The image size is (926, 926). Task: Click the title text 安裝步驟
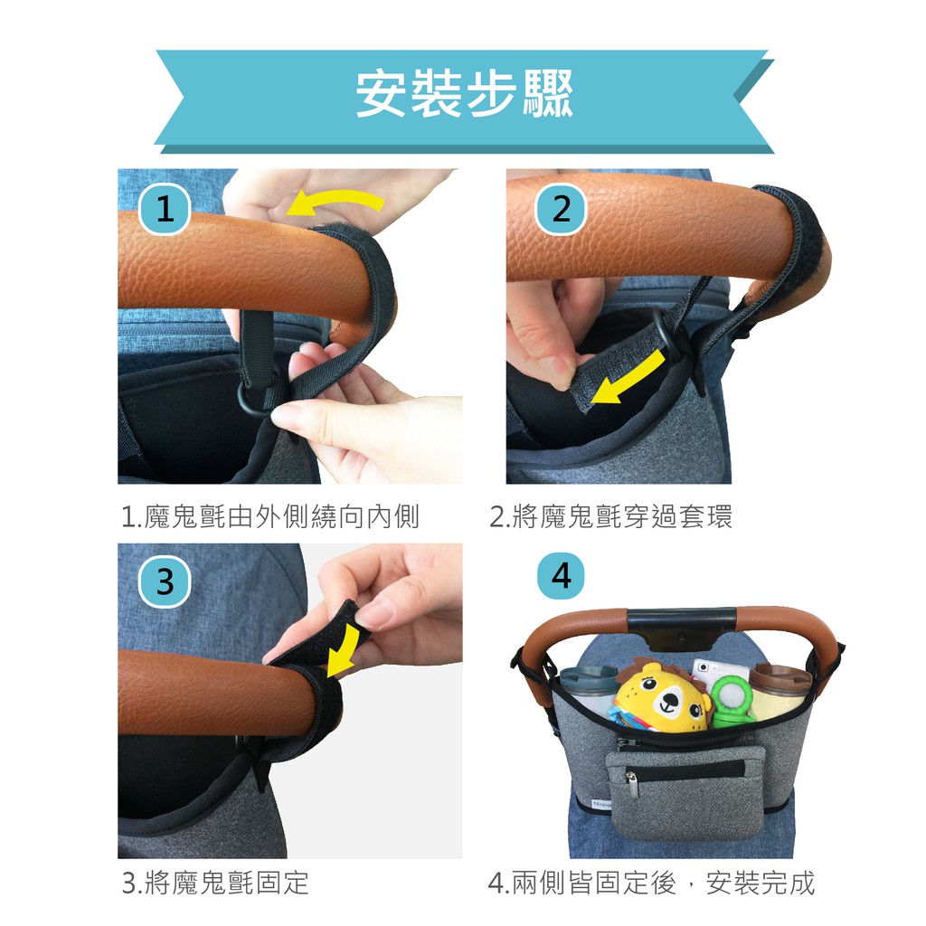tap(464, 93)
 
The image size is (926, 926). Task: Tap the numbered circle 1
tap(165, 209)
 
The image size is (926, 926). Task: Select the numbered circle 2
tap(561, 209)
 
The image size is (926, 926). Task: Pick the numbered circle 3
tap(165, 581)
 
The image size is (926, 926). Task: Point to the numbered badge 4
tap(561, 575)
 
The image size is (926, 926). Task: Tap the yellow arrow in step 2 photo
tap(628, 378)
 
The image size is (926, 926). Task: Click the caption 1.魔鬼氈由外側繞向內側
tap(269, 516)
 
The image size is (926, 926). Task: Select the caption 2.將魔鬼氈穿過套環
tap(610, 516)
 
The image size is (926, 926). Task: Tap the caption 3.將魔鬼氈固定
tap(215, 883)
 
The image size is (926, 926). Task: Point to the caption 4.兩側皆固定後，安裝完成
tap(651, 883)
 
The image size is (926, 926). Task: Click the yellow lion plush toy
tap(660, 697)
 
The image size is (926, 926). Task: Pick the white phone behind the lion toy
tap(711, 672)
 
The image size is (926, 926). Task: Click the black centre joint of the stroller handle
tap(681, 626)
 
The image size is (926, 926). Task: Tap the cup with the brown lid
tap(780, 694)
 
